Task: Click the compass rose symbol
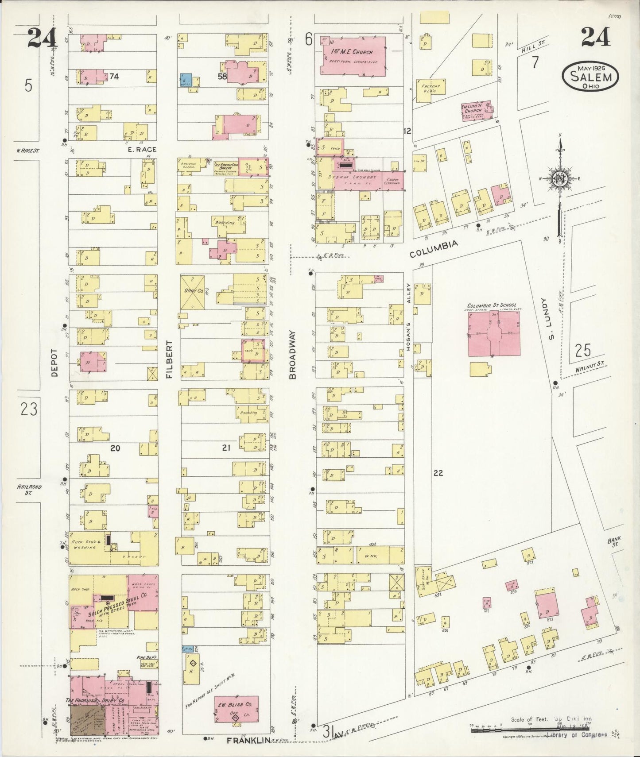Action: (559, 178)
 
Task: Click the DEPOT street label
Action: (54, 362)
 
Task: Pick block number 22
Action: (438, 473)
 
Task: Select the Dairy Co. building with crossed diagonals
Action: (192, 292)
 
